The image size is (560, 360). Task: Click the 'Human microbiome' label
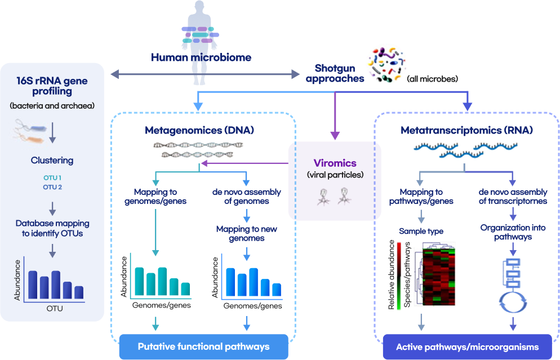[201, 57]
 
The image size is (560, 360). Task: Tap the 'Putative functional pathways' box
[203, 346]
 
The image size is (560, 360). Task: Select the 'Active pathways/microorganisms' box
[466, 346]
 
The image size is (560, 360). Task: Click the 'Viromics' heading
[335, 163]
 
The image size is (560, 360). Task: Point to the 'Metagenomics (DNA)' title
[199, 130]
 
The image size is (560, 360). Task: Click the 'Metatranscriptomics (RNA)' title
[466, 130]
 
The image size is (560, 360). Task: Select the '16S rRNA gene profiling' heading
[52, 86]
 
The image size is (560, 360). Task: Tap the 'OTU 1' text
[52, 178]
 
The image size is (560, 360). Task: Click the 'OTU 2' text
[52, 187]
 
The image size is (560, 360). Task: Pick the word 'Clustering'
[52, 161]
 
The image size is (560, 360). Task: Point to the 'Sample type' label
[421, 231]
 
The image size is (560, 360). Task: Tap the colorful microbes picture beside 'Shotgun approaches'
[386, 63]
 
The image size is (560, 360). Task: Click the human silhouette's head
[200, 8]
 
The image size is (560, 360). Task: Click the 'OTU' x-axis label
[55, 309]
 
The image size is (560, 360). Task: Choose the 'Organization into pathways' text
[513, 232]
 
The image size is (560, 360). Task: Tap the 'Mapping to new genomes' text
[246, 233]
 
